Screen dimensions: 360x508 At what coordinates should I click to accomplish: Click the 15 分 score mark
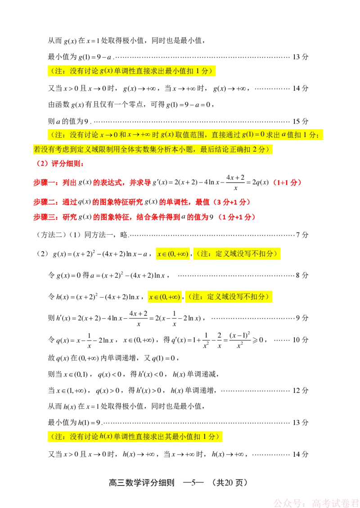(300, 121)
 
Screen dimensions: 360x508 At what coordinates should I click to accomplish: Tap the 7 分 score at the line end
(302, 235)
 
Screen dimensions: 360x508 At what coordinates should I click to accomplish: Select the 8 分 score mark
(302, 275)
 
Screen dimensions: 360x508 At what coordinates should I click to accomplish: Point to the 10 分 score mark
(300, 340)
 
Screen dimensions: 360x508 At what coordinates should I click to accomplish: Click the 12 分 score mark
(300, 390)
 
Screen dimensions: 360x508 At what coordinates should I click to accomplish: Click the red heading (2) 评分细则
(60, 164)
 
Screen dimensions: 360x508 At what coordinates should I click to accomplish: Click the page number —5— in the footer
(193, 483)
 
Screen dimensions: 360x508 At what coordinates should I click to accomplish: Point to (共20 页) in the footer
(229, 483)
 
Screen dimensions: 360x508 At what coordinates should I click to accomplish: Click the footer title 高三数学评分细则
(142, 483)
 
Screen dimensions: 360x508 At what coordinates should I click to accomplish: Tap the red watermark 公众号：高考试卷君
(316, 503)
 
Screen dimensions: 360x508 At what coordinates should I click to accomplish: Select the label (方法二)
(50, 235)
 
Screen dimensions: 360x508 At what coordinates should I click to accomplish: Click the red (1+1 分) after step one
(287, 183)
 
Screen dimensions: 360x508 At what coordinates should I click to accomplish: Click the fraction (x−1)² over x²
(240, 340)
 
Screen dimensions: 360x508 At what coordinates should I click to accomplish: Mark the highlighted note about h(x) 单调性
(135, 437)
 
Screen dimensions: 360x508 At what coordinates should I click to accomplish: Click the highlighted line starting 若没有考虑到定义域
(153, 149)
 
